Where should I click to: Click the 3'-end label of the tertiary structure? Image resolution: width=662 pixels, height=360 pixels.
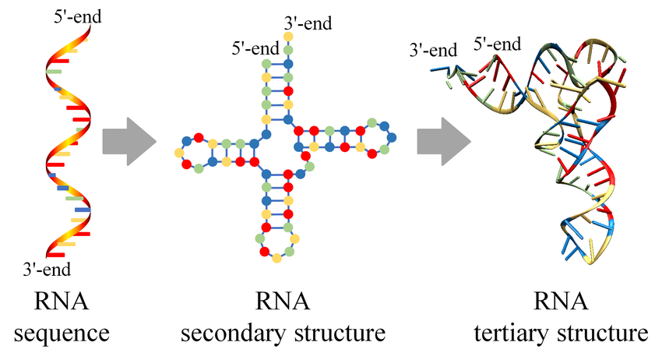pos(433,51)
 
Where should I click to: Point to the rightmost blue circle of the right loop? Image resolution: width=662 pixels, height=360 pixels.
pos(392,138)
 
